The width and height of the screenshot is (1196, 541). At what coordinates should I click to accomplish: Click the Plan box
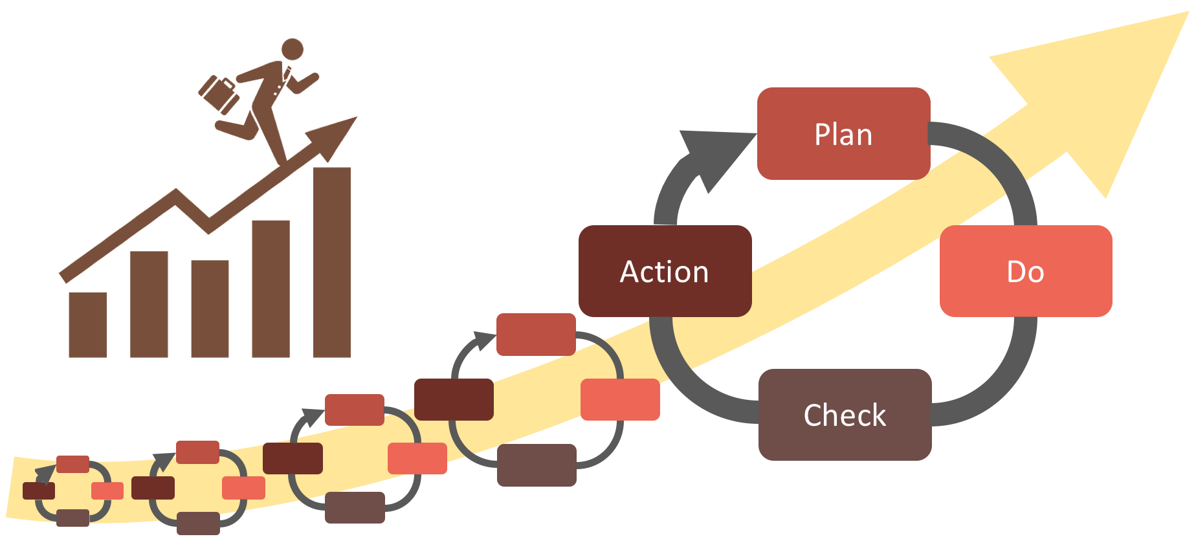pos(843,133)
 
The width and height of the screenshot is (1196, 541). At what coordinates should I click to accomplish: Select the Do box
pos(1026,271)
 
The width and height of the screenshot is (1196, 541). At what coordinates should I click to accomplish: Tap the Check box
pos(845,415)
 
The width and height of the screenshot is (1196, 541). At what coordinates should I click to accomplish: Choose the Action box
pos(665,271)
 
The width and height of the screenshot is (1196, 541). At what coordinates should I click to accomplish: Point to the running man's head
pos(293,49)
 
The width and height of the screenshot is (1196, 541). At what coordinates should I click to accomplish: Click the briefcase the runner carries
pos(219,94)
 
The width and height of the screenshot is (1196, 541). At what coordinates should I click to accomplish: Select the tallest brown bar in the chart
pos(332,262)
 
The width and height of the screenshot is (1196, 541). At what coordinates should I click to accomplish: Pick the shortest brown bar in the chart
pos(87,325)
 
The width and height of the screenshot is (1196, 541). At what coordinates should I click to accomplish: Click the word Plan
pos(843,135)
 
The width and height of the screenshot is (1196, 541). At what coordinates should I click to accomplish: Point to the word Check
pos(845,415)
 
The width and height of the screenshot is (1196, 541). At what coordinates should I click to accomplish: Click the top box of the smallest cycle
pos(72,464)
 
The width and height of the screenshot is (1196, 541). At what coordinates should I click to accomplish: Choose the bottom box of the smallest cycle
pos(72,518)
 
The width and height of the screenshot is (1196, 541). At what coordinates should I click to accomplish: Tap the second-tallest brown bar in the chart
pos(271,289)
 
